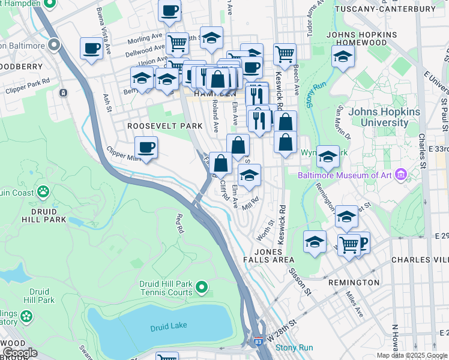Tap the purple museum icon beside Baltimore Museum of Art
pos(402,175)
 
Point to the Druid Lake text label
pos(169,325)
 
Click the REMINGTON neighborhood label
pos(354,282)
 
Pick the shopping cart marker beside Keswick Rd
pos(285,54)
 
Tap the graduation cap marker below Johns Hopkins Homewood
pos(343,57)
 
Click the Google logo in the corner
pos(20,353)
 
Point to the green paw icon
pos(43,191)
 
